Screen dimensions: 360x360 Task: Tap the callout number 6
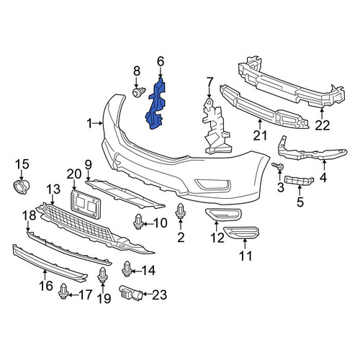[161, 61]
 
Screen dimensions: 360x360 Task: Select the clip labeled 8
[139, 92]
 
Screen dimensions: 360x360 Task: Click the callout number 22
[323, 125]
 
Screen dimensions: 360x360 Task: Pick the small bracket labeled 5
[299, 181]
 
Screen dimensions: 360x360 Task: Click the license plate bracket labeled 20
[86, 204]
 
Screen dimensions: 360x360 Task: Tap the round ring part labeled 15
[21, 187]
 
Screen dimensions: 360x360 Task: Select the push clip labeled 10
[138, 222]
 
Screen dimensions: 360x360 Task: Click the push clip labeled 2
[181, 211]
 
